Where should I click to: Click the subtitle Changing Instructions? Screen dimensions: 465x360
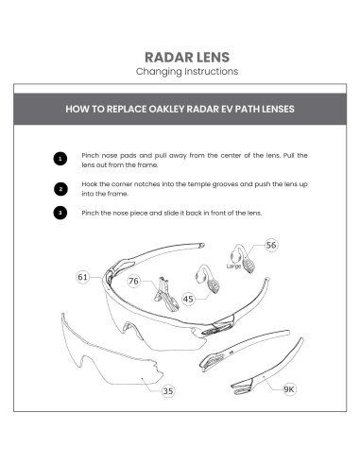pos(180,71)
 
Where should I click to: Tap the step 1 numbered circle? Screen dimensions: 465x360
pos(60,159)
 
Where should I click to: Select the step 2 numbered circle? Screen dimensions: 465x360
pos(60,188)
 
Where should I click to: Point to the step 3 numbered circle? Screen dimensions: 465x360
pos(60,213)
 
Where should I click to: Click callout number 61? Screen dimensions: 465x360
pos(82,277)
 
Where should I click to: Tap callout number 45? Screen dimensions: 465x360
pos(188,300)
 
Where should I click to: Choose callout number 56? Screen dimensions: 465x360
pos(271,245)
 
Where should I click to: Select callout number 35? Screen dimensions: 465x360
pos(167,390)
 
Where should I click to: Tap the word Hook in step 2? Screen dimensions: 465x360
pos(91,183)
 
